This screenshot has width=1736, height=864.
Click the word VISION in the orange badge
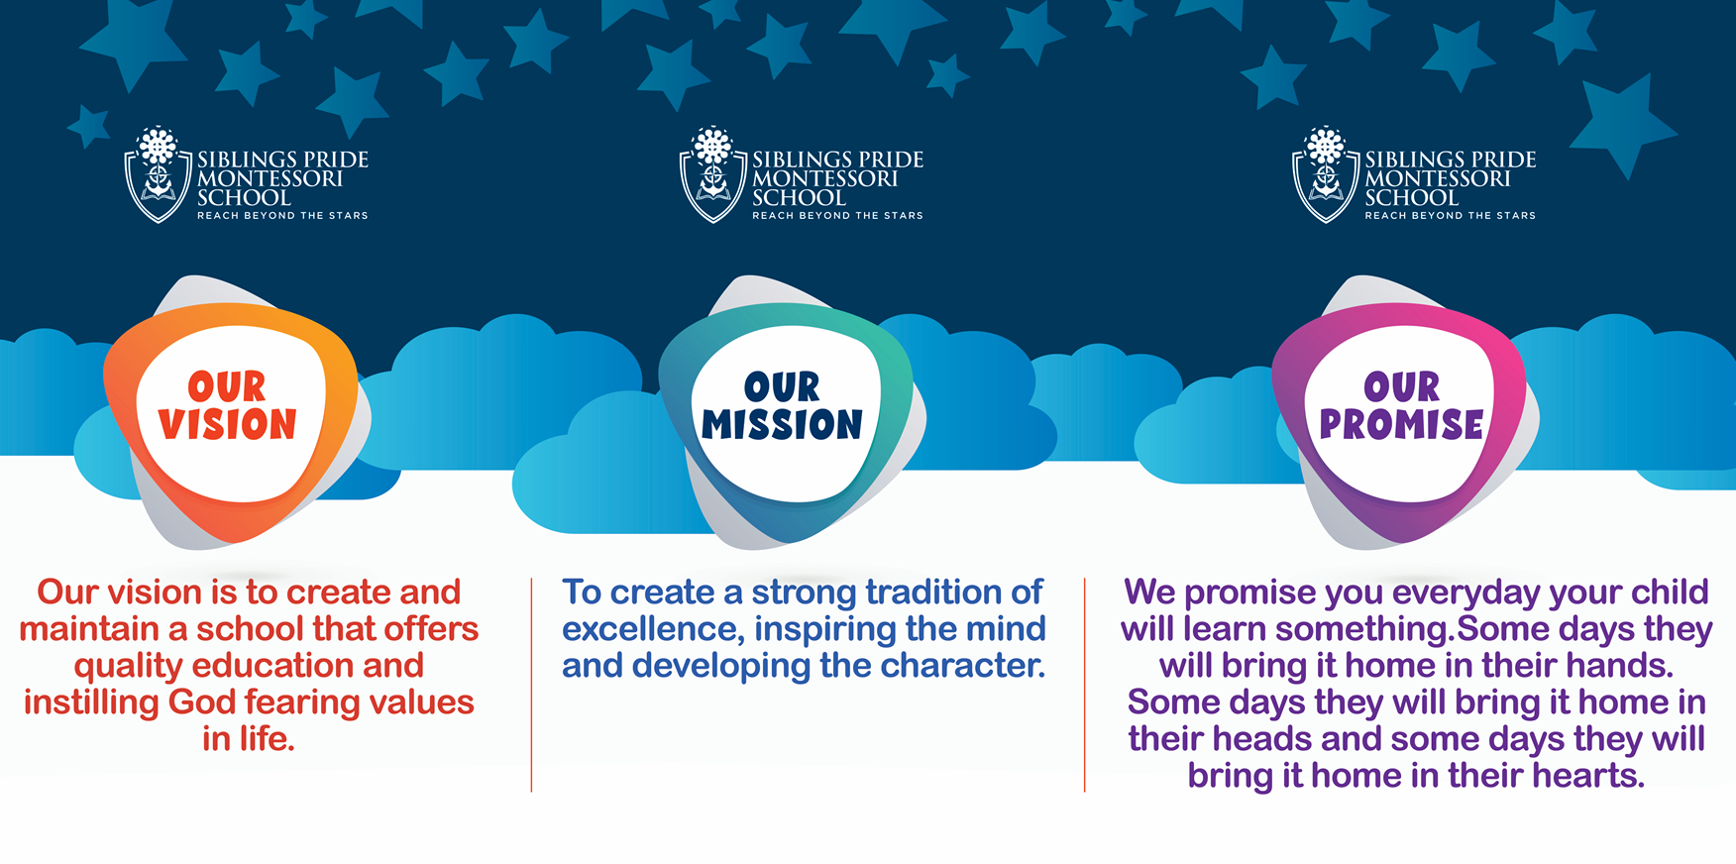[227, 424]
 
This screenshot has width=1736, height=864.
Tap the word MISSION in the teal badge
[782, 424]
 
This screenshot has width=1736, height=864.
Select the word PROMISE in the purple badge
[1401, 424]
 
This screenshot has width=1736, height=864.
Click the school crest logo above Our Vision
[158, 174]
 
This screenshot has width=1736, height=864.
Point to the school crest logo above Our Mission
[712, 174]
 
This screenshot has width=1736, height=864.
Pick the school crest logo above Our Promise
[1326, 174]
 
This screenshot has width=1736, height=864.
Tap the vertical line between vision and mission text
[531, 685]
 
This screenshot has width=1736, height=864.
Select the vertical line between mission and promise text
[1085, 685]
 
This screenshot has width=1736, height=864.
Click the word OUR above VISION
[227, 386]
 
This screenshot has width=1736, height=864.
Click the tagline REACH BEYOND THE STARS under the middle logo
[837, 215]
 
